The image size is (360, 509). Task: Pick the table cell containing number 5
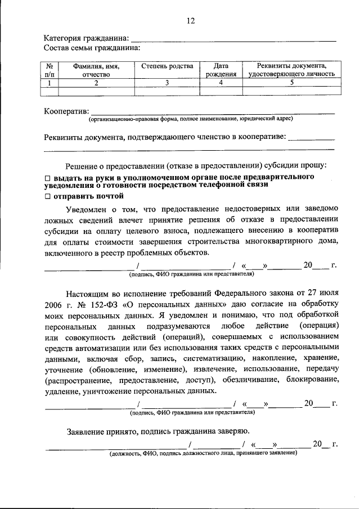coord(291,83)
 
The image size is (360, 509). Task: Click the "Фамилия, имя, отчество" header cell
coord(95,70)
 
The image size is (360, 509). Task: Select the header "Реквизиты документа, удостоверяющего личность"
coord(291,70)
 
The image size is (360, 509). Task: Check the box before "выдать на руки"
coord(48,177)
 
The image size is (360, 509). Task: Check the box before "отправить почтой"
coord(48,196)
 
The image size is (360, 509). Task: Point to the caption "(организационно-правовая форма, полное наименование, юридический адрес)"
coord(190,119)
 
